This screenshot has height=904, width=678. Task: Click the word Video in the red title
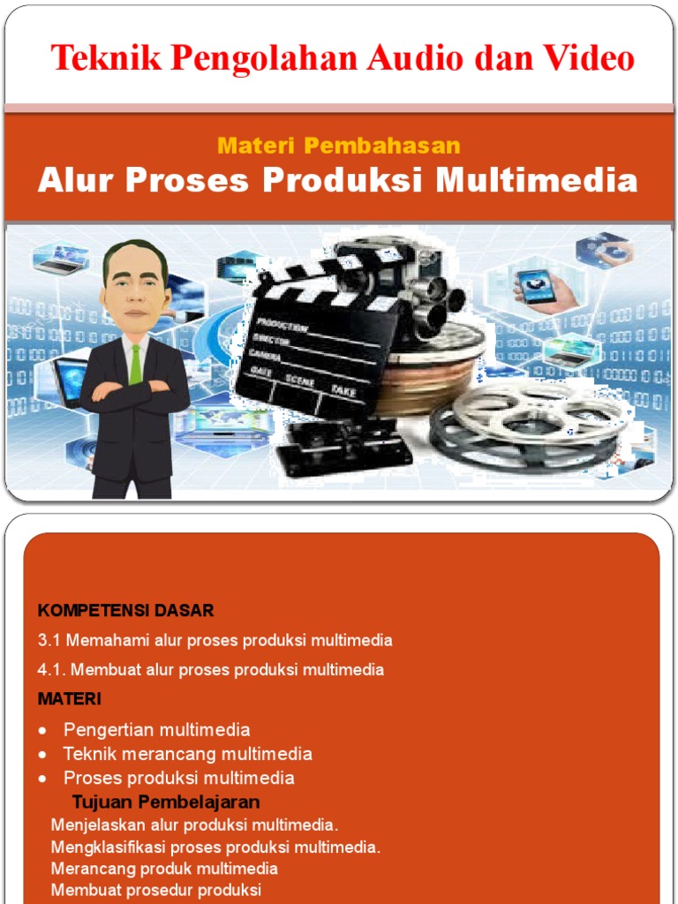[x=588, y=58]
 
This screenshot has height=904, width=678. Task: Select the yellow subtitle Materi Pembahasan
[x=338, y=146]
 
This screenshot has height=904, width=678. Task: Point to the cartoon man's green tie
[x=135, y=364]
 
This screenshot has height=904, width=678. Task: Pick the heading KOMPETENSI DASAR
[x=125, y=610]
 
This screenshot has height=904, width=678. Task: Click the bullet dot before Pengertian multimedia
[x=42, y=731]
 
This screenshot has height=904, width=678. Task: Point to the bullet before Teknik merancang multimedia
[x=42, y=755]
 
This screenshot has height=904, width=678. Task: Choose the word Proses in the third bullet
[x=92, y=778]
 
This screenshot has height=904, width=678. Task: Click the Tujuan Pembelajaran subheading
[x=166, y=802]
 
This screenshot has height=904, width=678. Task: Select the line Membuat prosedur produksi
[x=155, y=890]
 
